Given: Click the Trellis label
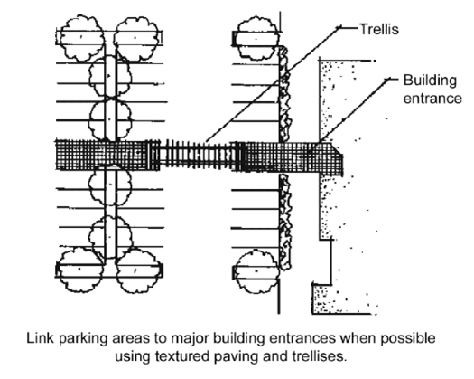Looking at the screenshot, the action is pos(379,30).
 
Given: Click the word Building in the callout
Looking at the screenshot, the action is pos(430,81).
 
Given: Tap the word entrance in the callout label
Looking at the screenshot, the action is pos(432,99).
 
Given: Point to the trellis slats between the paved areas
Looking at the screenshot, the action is pos(198,155).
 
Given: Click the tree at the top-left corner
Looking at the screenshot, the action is pos(81,38).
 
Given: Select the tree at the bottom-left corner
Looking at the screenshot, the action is pos(80,270).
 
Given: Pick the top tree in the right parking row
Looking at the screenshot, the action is pos(257,39).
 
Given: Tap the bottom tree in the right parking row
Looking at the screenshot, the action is pos(257,271).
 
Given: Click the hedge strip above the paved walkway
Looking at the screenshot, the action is pos(284,94).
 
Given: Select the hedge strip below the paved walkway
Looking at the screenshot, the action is pos(285,222).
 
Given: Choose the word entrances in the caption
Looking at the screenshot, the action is pos(302,338).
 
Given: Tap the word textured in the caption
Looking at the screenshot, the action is pos(182,356).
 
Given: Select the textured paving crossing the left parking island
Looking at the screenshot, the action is pos(108,155).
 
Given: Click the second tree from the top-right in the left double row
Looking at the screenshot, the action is pos(110,76).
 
